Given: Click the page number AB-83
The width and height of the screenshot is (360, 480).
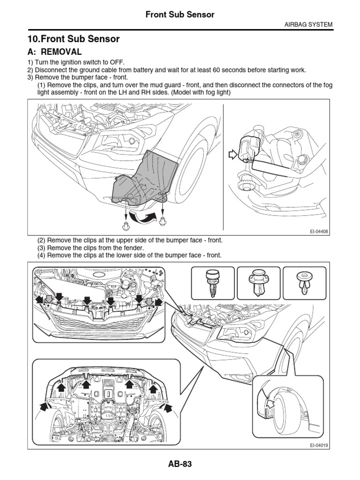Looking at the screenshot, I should click(180, 464).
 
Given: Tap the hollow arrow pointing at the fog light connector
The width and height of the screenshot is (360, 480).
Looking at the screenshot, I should click(232, 155).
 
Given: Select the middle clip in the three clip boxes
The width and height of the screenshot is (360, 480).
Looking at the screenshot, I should click(258, 284).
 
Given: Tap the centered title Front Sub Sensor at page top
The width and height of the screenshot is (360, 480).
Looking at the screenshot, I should click(180, 15).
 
